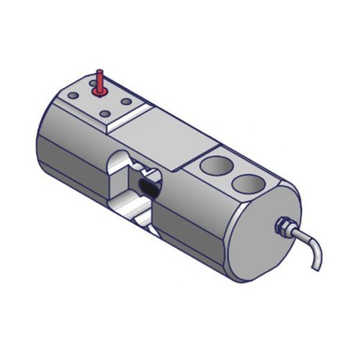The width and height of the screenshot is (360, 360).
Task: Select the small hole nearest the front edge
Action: (x=105, y=113)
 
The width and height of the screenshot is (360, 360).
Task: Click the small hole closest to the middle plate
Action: (x=127, y=102)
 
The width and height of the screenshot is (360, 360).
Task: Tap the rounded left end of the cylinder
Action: (x=43, y=137)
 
